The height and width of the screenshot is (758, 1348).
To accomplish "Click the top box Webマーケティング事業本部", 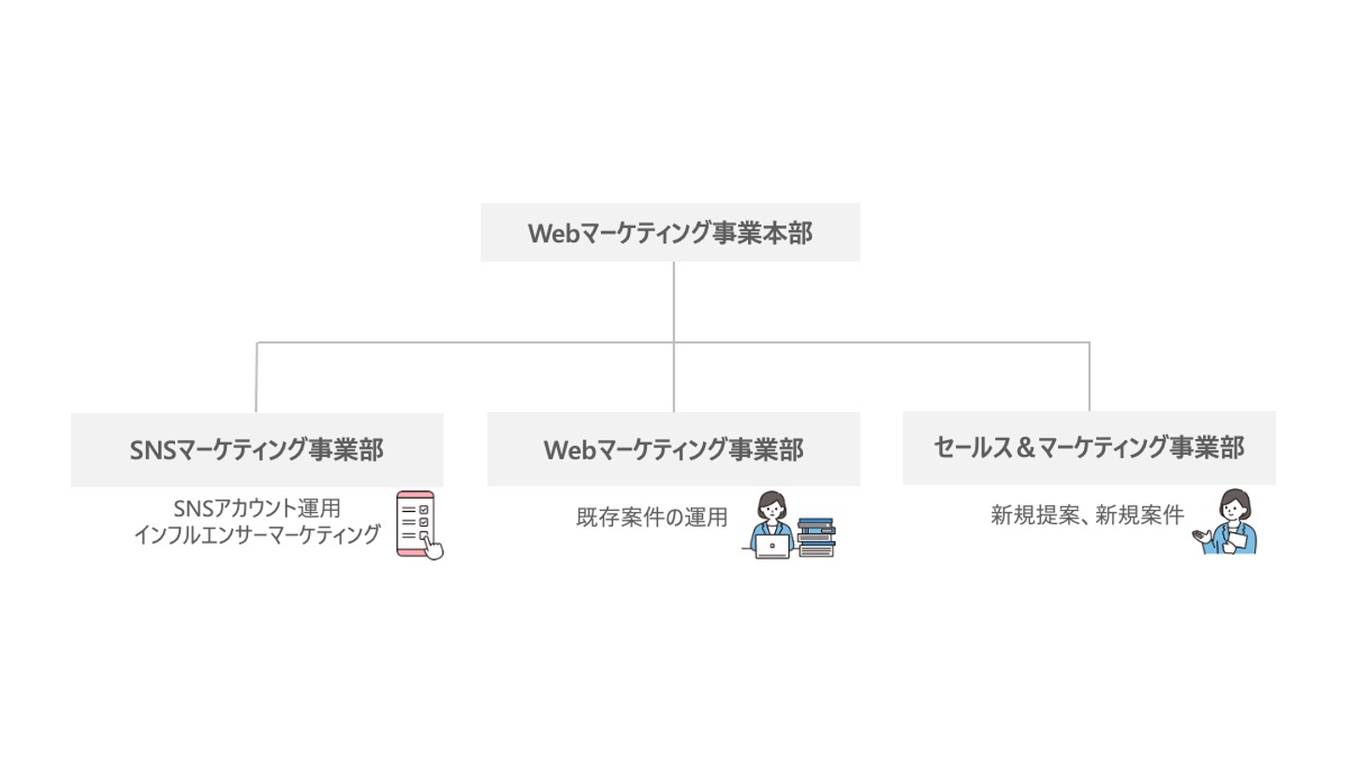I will tap(670, 232).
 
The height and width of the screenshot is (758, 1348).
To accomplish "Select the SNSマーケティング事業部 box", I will tap(256, 449).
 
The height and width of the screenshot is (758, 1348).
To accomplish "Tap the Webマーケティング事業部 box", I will tap(673, 449).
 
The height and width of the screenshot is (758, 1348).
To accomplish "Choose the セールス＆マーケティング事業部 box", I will tap(1089, 447).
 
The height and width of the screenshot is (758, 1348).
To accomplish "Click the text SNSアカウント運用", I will tap(256, 509).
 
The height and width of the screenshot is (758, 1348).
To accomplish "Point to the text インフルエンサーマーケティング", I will tap(257, 535).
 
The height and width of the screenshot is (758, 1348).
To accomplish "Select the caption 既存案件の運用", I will tap(652, 517).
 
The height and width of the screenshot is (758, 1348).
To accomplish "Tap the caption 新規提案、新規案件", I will tap(1088, 515).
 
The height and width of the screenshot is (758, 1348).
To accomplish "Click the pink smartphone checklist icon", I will tap(415, 522).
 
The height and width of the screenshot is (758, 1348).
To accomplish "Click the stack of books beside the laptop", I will tap(816, 537).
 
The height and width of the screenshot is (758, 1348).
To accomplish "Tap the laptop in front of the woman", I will tap(772, 547).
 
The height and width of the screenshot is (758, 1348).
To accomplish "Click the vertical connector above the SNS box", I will tap(256, 377).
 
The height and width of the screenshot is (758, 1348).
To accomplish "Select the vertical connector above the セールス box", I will tap(1089, 376).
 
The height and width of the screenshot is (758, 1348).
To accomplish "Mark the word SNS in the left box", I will tap(150, 450).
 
